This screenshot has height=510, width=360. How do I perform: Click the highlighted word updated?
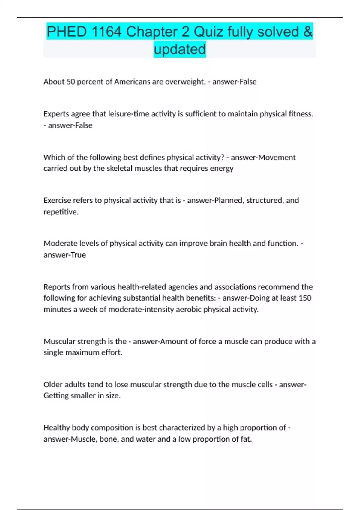point(180,49)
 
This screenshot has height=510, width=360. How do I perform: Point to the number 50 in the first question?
point(71,82)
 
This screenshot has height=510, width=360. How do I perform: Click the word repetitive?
point(61,212)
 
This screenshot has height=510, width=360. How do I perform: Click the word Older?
point(53,385)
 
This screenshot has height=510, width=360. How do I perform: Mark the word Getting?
point(56,396)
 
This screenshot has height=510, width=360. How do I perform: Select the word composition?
point(112,427)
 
